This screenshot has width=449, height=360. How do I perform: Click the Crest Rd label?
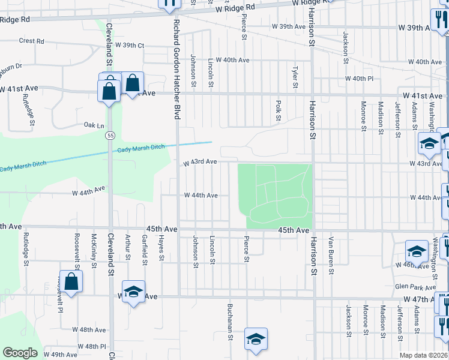click(32, 41)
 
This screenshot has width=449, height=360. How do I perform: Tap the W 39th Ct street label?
click(130, 46)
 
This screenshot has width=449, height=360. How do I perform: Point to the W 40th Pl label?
click(359, 79)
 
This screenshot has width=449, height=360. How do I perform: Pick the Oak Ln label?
click(94, 125)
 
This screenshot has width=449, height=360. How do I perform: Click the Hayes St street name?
click(161, 250)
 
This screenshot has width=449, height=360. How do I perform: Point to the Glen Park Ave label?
click(409, 287)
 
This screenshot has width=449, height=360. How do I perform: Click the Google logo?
click(20, 353)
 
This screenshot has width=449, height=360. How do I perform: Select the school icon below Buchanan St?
click(256, 338)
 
